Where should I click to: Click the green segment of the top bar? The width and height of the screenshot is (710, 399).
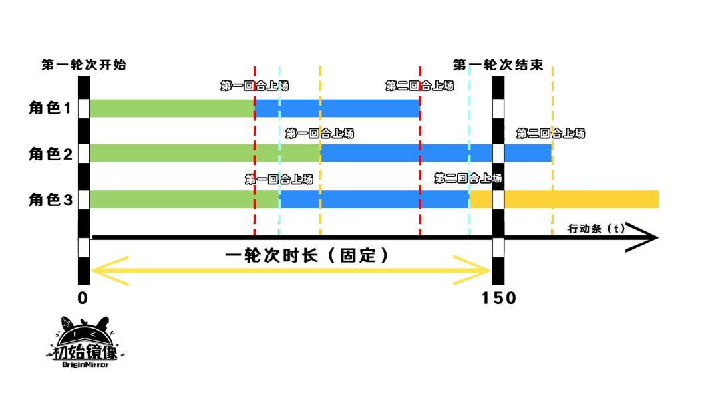172,108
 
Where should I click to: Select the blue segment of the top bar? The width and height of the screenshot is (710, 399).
337,108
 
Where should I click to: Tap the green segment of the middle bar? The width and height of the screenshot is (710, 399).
205,153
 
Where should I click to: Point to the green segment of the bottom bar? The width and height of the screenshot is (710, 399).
184,199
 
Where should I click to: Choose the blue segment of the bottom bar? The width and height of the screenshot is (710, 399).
375,199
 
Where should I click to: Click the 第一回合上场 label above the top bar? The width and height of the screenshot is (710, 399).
255,86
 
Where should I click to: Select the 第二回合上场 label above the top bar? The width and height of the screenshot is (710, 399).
420,86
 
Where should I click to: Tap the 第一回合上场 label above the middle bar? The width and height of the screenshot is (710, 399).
319,134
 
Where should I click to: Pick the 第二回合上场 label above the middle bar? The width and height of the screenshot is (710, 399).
550,134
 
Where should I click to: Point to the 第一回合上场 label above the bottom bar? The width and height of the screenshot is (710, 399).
279,179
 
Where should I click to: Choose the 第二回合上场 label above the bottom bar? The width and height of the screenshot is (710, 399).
468,179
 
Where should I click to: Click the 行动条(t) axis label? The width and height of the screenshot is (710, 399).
597,229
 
